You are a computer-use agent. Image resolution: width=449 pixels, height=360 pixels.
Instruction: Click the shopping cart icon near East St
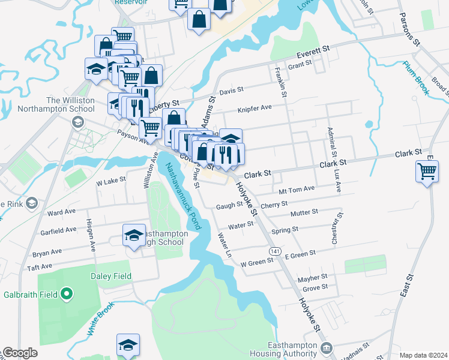[x=427, y=171]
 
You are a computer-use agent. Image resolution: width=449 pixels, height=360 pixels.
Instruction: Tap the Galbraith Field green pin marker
[x=67, y=294]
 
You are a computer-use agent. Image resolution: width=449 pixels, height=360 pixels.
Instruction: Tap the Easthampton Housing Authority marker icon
[x=327, y=347]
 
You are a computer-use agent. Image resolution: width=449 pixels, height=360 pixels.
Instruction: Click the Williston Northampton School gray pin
[x=77, y=122]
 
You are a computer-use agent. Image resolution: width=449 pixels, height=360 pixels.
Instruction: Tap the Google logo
[x=20, y=353]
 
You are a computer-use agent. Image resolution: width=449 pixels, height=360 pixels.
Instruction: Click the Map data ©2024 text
[x=424, y=355]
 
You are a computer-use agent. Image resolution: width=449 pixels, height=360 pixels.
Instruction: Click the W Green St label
[x=257, y=262]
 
